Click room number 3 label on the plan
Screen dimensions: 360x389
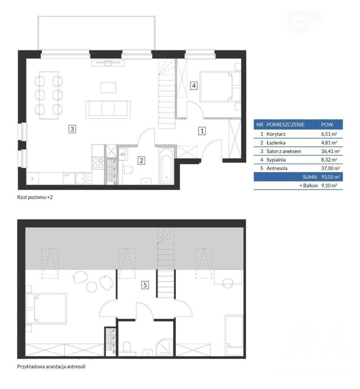pos(72,129)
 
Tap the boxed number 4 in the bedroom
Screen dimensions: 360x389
pos(194,85)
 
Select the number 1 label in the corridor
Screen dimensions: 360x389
pos(202,131)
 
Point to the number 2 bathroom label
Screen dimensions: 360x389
pos(141,161)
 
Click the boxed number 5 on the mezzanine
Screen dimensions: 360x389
pos(145,285)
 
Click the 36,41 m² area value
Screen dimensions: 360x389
pos(330,151)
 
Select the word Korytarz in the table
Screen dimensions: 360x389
pos(276,134)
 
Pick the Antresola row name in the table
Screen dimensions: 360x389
pos(277,168)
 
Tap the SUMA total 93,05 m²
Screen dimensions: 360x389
pos(330,177)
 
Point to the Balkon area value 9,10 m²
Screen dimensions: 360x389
pos(329,185)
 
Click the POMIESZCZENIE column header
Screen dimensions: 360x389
pos(285,125)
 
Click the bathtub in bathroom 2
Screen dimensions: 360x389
pos(166,166)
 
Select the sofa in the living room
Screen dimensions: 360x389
pos(108,109)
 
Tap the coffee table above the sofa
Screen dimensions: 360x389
pos(108,88)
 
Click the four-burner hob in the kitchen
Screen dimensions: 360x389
pos(98,163)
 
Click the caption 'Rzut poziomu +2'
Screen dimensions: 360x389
pos(35,198)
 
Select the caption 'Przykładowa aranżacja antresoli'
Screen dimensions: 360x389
pos(51,367)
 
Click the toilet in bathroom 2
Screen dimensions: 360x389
pos(128,170)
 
